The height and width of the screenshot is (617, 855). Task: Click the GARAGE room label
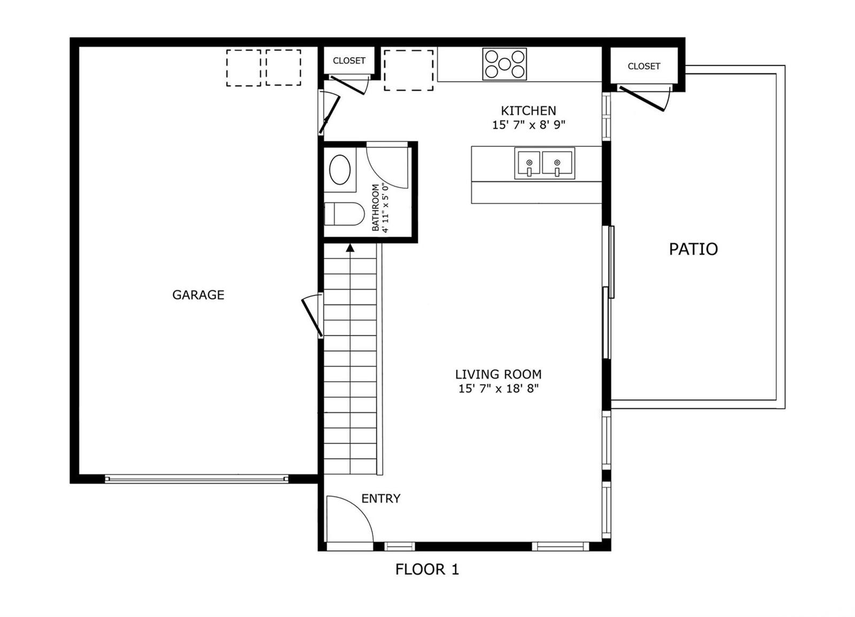tap(198, 295)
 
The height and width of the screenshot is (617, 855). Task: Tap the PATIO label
tap(693, 249)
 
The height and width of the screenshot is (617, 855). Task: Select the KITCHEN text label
tap(528, 111)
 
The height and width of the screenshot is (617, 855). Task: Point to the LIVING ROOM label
tap(498, 374)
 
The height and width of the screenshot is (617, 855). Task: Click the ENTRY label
tap(380, 498)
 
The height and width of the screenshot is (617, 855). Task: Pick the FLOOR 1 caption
tap(427, 569)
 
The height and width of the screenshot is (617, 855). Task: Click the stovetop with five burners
tap(504, 64)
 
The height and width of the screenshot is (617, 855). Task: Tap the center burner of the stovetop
tap(504, 64)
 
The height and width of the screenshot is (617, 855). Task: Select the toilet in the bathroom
tap(344, 214)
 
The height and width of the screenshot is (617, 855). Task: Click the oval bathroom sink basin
tap(340, 170)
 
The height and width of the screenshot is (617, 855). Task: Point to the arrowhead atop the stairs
tap(350, 248)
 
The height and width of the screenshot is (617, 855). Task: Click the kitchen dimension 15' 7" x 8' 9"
tap(528, 125)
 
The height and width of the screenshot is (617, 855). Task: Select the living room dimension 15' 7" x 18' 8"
tap(498, 388)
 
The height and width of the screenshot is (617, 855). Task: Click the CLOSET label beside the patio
tap(643, 66)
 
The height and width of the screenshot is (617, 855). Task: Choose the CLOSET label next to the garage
tap(349, 61)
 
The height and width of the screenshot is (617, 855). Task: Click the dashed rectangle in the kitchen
tap(408, 70)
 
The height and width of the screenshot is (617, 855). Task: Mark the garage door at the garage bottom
tap(197, 479)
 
